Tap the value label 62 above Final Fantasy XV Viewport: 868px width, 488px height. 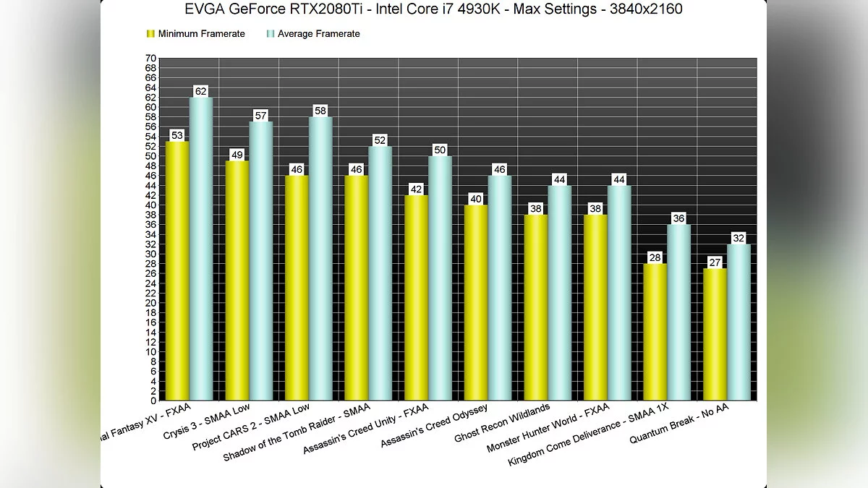[x=201, y=91]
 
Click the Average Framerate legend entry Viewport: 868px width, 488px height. [x=318, y=34]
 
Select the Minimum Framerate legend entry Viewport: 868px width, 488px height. [x=200, y=34]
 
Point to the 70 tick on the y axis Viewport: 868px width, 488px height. [x=150, y=59]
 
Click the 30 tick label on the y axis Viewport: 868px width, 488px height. [x=150, y=254]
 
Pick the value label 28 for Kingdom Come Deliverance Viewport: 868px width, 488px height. [x=655, y=258]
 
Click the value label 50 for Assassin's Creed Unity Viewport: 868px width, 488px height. [x=440, y=150]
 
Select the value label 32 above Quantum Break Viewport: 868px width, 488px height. [x=739, y=239]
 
